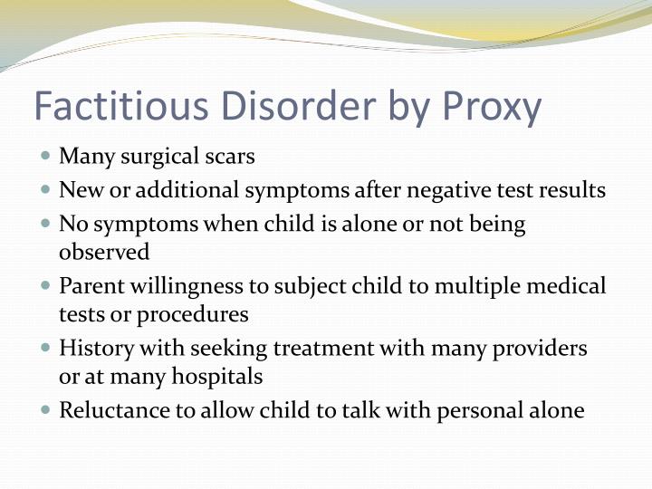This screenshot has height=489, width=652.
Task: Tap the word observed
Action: pos(104,251)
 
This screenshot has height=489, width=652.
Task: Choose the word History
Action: pos(91,348)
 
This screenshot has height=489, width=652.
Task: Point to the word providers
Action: pos(542,348)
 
